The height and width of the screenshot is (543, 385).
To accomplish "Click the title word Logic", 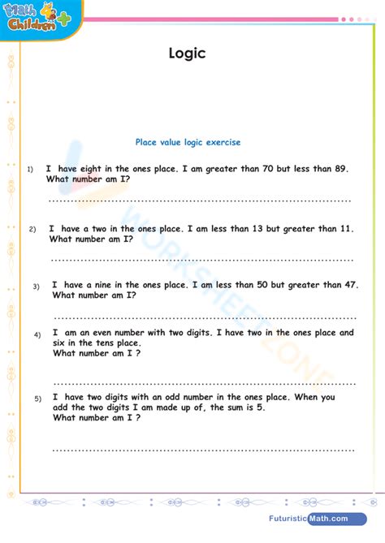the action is [187, 54].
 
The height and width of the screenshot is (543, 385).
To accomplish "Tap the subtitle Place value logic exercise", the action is [188, 142].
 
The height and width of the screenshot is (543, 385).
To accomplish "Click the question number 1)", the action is [29, 170].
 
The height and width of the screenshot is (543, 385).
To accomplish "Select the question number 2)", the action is [32, 230].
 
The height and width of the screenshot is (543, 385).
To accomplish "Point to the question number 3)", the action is [36, 287].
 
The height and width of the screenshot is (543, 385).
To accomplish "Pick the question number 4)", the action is [37, 334].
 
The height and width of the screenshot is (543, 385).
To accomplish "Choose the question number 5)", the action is [37, 399].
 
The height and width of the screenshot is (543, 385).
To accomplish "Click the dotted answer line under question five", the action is [203, 449].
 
